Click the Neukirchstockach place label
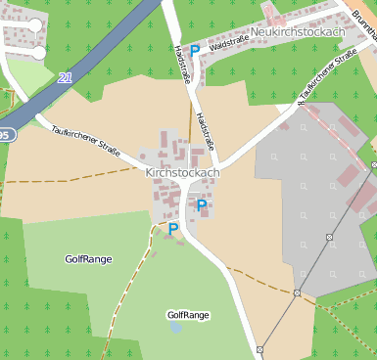[298, 32]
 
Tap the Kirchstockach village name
[182, 172]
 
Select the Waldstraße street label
[230, 42]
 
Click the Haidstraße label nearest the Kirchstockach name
[205, 130]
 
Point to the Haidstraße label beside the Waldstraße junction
[182, 64]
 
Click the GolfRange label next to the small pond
[188, 315]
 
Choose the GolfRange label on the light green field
[88, 259]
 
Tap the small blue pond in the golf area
[175, 329]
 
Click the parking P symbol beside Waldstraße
[195, 50]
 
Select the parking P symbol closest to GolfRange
[173, 228]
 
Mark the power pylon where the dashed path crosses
[297, 292]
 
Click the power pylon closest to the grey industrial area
[329, 237]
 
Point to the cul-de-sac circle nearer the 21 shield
[37, 53]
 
